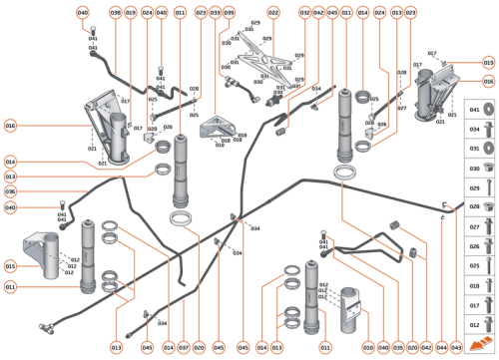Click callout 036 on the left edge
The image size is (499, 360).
[x=10, y=191]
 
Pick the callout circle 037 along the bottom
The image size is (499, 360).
[x=184, y=347]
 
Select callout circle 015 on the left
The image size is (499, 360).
[x=10, y=266]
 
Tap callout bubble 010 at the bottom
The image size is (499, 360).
[x=368, y=347]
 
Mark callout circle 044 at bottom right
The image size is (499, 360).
[x=442, y=347]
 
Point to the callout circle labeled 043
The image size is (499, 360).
[x=456, y=347]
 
